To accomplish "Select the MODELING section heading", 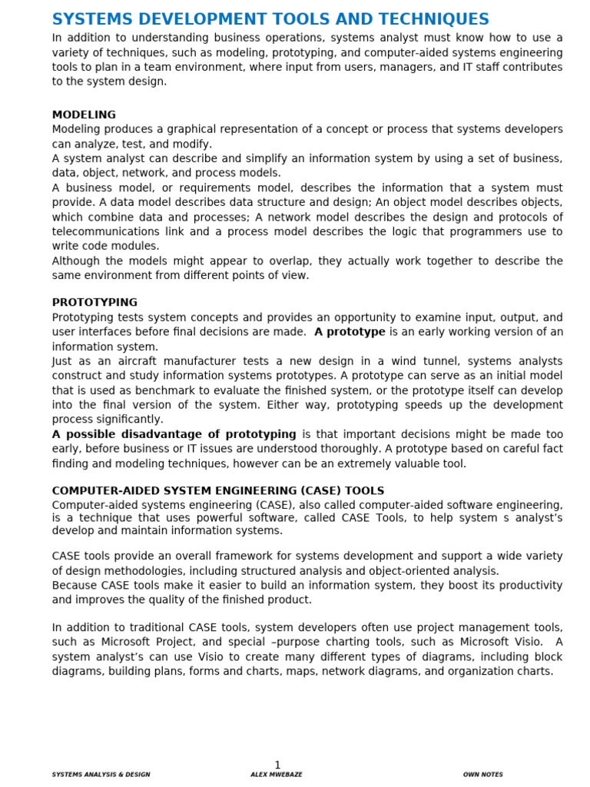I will click(x=84, y=115).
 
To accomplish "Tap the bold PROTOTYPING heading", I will click(x=94, y=303).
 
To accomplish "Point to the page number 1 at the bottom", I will click(x=277, y=765).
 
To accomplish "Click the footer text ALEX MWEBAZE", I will click(x=276, y=775).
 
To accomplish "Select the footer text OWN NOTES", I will click(x=483, y=775).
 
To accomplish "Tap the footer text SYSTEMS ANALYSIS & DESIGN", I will click(x=101, y=775).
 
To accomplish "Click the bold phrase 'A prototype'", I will click(x=350, y=332).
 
